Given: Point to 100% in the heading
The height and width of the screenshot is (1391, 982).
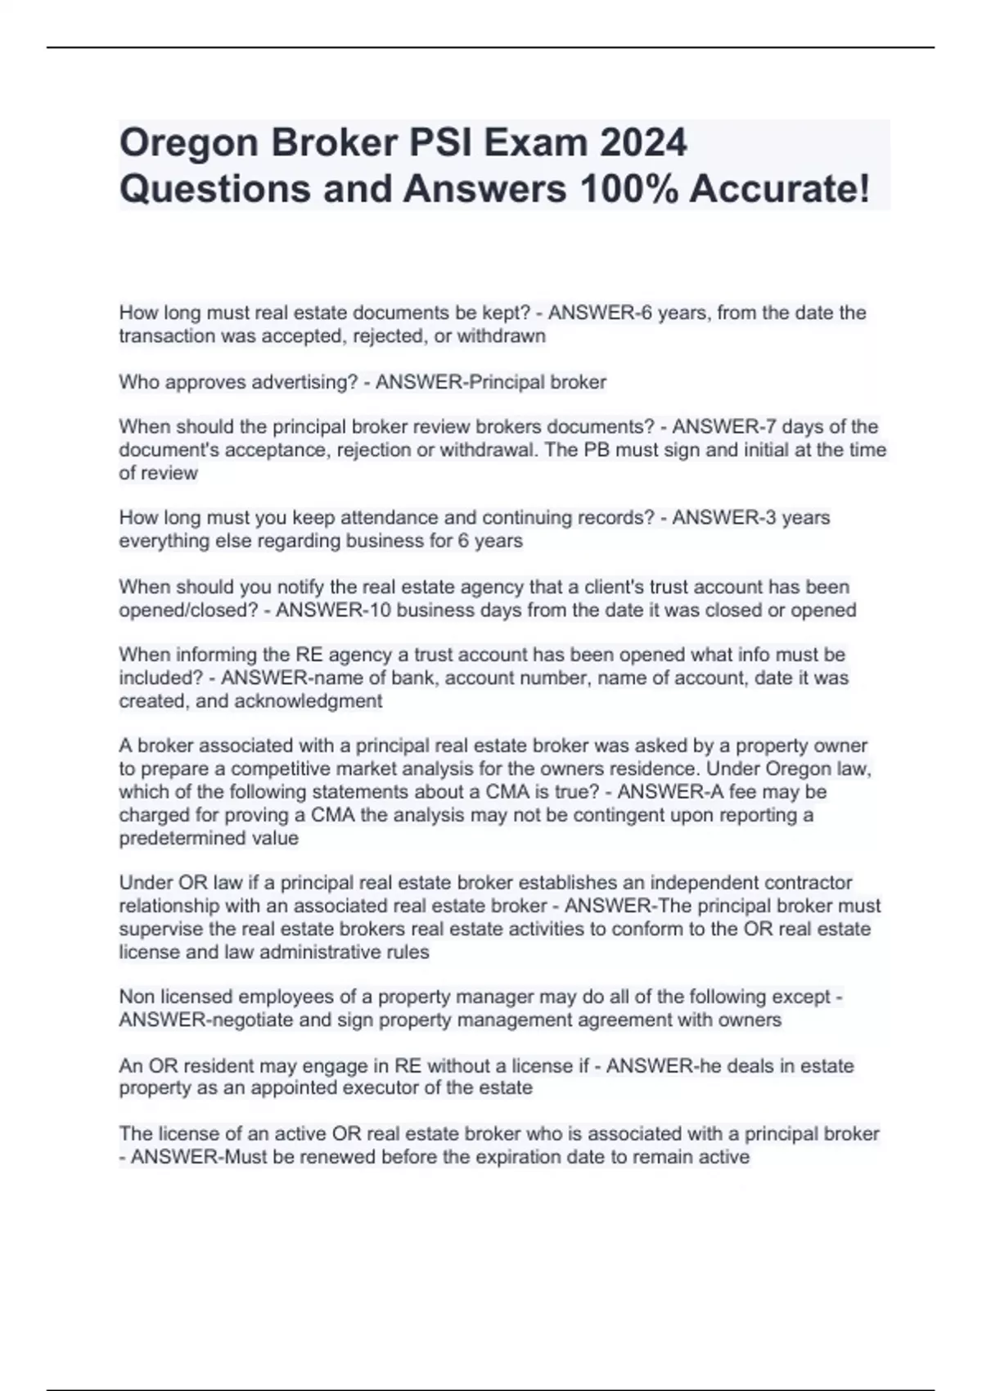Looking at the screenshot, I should tap(627, 189).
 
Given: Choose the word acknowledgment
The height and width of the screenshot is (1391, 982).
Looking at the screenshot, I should tap(309, 701).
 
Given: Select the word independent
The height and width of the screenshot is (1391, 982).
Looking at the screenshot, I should tap(689, 883).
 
